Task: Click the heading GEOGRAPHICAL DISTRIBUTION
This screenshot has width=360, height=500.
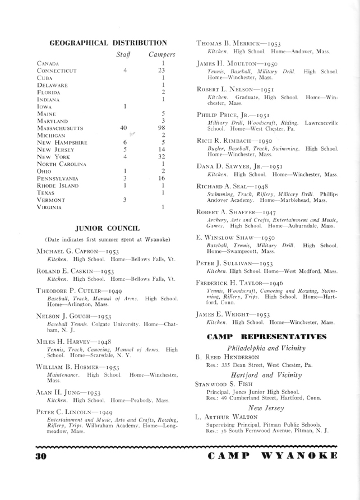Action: (109, 42)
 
